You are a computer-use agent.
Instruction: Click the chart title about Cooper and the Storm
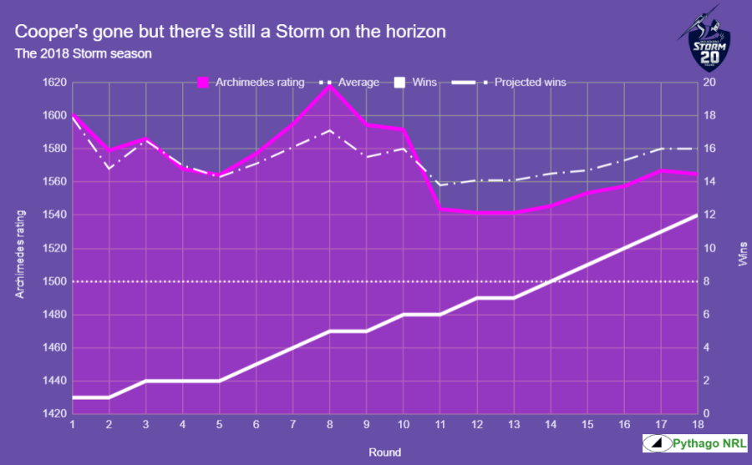(231, 33)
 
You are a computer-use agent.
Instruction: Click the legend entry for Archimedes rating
(251, 83)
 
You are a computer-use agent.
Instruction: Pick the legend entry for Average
(352, 83)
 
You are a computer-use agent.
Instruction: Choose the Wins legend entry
(414, 83)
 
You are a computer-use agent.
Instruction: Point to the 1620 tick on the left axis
(54, 83)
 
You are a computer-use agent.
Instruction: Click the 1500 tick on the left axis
(54, 281)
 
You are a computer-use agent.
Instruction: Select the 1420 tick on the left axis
(54, 414)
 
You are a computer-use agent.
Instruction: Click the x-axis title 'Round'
(384, 452)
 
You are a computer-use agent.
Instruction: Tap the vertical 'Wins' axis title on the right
(742, 249)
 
